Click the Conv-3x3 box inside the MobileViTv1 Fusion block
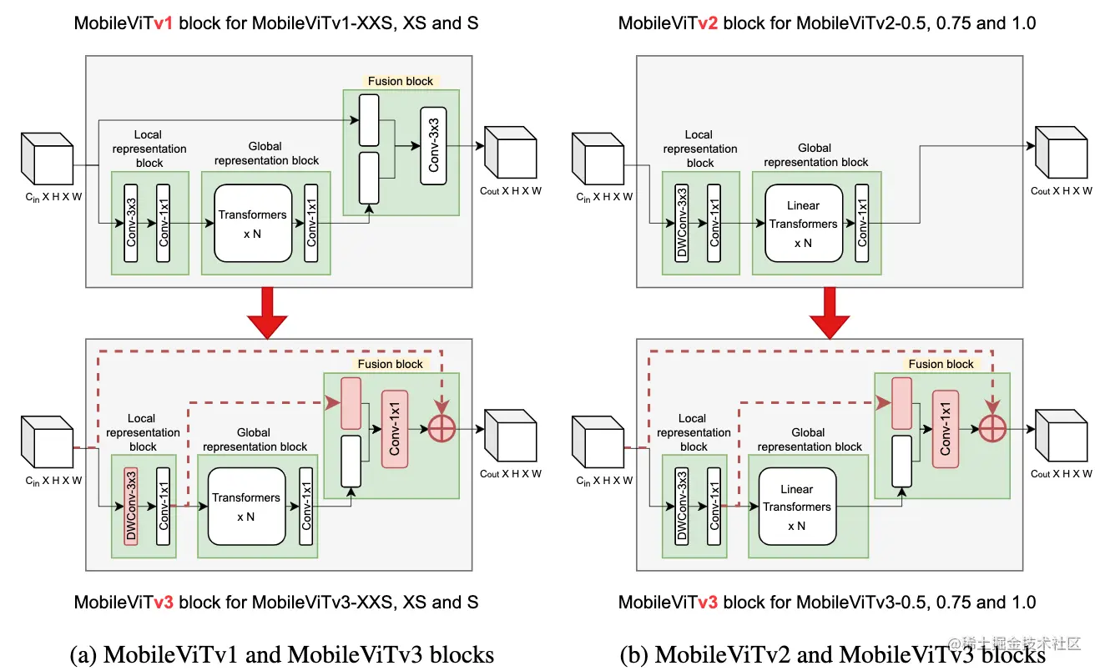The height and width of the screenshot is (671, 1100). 434,146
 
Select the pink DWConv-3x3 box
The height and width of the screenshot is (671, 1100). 131,507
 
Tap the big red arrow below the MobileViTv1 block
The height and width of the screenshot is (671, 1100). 267,312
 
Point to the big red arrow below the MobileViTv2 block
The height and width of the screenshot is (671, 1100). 830,312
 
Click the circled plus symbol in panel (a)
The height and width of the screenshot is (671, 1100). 442,429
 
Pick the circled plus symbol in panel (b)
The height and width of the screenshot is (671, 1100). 992,429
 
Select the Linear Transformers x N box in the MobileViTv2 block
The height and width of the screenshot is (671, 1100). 804,224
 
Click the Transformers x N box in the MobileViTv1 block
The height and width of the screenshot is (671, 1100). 253,224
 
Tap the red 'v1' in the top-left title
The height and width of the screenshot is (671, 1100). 163,23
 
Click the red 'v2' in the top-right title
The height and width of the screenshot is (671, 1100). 708,23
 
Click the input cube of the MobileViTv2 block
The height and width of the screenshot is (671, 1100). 598,159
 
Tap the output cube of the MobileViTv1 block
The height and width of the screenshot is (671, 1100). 510,152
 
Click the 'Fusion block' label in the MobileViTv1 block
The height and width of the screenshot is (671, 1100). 401,81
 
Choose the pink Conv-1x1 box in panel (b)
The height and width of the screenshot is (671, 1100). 946,429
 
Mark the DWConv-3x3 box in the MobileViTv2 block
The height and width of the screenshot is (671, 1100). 682,224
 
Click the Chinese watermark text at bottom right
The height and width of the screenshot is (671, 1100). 1014,643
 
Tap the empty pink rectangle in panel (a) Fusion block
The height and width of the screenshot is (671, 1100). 351,403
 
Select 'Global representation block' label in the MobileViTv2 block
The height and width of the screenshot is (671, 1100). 815,154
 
